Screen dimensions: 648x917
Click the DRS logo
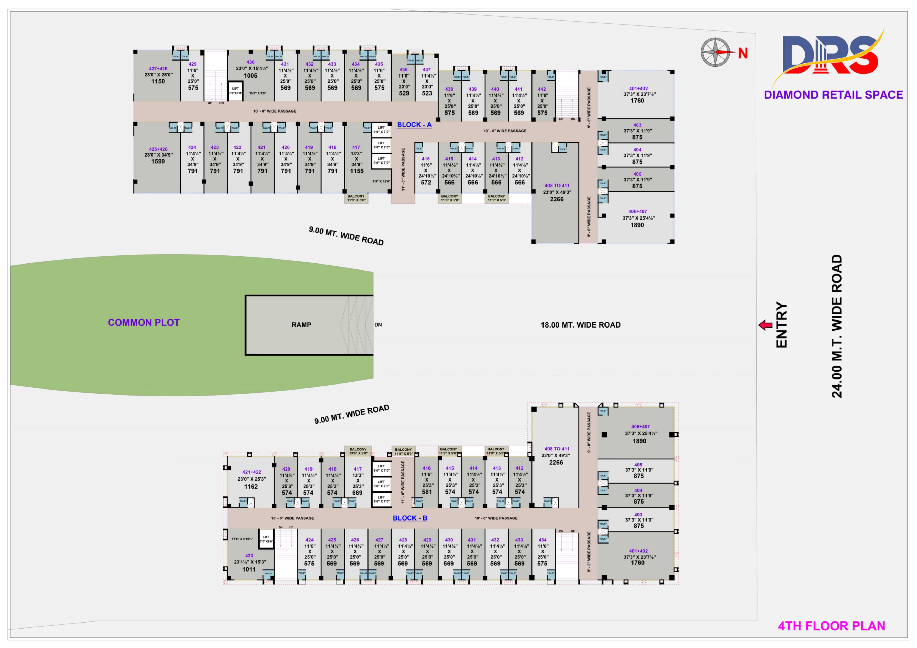coord(829,56)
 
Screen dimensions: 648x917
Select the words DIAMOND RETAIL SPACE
coord(833,95)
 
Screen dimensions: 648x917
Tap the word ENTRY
coord(781,325)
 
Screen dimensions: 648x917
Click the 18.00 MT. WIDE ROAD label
coord(580,325)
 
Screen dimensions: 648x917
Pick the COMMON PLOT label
coord(144,323)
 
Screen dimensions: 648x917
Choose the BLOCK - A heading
coord(414,125)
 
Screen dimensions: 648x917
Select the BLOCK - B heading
coord(410,518)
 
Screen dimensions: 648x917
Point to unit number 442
coord(542,89)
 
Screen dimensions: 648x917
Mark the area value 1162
coord(251,487)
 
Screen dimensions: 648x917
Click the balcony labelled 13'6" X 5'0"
coord(358,451)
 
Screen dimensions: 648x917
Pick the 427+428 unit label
coord(158,69)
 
